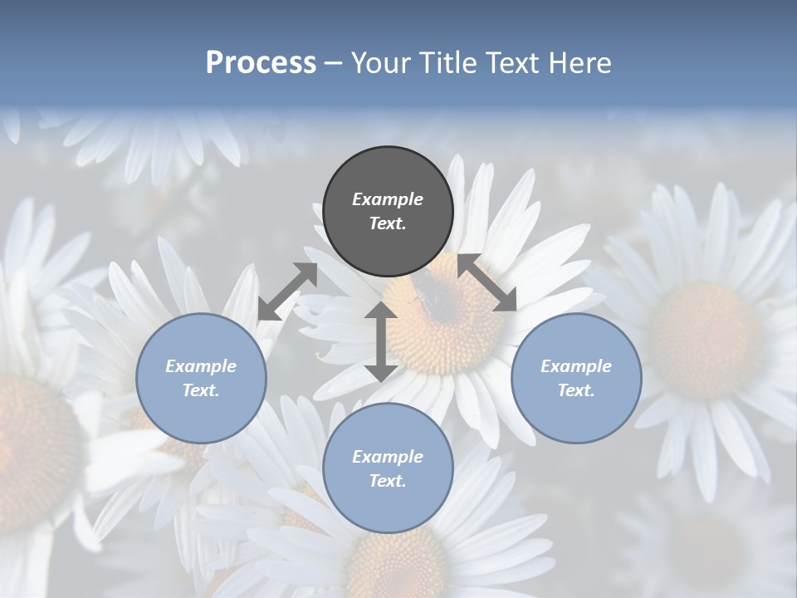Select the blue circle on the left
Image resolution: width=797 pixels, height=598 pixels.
click(201, 378)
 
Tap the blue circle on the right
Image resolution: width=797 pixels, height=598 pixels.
click(576, 378)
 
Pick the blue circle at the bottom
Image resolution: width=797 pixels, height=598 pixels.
click(388, 468)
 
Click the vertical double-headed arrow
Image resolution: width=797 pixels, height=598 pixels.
click(381, 341)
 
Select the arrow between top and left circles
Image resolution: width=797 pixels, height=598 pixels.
click(287, 292)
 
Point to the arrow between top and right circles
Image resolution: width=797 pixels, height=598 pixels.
click(487, 282)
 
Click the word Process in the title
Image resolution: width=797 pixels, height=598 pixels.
click(261, 62)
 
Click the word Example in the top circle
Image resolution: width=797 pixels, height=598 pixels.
click(388, 199)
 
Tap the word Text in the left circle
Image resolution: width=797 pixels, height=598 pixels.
click(201, 390)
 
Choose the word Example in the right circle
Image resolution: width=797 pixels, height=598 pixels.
click(576, 366)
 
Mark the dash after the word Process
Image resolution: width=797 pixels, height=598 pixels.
click(334, 63)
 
